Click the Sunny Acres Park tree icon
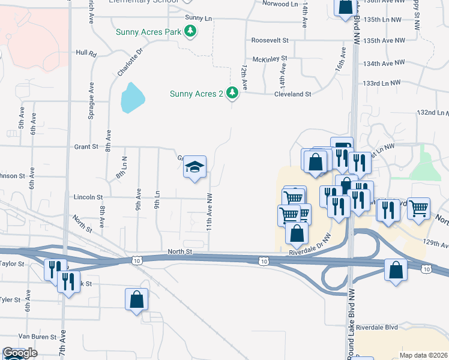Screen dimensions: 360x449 coord(190,31)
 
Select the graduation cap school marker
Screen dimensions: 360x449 coord(194,167)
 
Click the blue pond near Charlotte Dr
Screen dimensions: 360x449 coord(132,98)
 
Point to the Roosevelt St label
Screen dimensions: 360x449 coord(270,40)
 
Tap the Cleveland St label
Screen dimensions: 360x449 coord(292,94)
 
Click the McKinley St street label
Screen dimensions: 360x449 coord(270,59)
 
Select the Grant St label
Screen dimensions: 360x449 coord(86,146)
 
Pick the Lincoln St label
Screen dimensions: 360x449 coord(88,197)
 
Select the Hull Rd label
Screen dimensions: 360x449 coord(86,53)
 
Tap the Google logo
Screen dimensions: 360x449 coord(20,353)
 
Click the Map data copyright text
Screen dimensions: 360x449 coord(424,355)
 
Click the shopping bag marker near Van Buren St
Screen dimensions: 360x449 coord(136,299)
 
